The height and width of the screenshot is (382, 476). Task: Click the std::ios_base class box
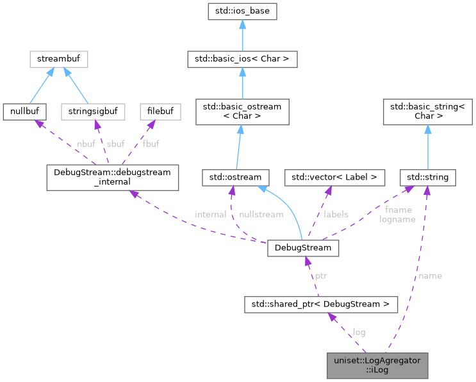242,12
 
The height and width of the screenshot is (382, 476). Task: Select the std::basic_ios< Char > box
242,60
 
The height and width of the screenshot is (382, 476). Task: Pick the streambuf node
58,60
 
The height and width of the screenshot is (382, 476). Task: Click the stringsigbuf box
91,112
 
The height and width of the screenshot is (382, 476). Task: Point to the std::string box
427,176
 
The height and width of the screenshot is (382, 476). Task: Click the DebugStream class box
303,247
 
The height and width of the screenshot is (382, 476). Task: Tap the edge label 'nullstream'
260,215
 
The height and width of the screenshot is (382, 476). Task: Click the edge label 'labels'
336,215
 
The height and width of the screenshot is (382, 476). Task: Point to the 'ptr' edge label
321,276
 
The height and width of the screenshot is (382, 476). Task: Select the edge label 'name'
430,276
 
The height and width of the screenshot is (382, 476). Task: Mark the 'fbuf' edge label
151,144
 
